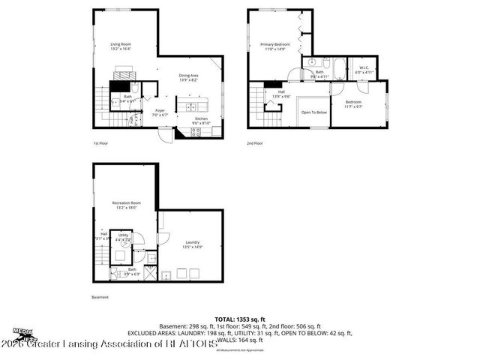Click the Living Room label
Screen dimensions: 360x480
121,46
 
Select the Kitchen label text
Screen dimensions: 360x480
201,121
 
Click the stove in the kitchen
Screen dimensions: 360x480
196,133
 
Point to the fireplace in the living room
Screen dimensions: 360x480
125,72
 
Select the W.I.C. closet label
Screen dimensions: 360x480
364,70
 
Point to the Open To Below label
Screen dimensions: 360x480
313,112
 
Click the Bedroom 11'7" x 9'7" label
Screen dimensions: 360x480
353,103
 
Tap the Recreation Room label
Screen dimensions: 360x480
127,205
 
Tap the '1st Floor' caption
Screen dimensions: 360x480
100,143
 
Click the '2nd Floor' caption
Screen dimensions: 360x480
255,143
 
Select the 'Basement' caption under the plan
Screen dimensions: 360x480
100,297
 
